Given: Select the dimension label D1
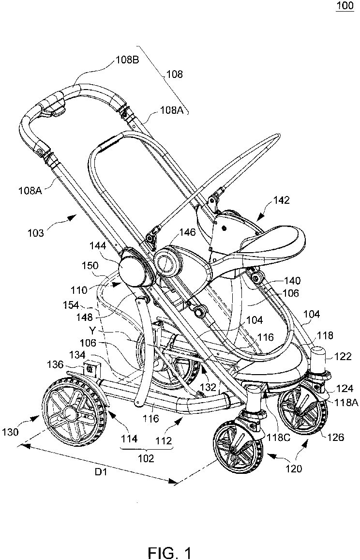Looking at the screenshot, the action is click(102, 472).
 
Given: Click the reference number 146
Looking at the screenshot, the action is click(187, 232).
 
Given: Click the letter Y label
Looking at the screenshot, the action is click(92, 330).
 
